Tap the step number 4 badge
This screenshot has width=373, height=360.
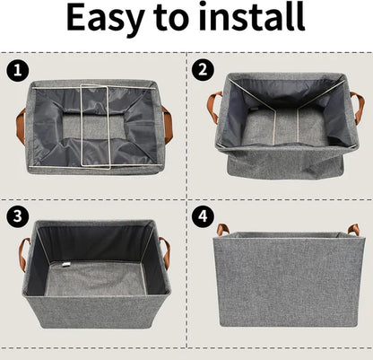[x=204, y=216]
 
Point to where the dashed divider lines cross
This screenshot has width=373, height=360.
[x=186, y=199]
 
